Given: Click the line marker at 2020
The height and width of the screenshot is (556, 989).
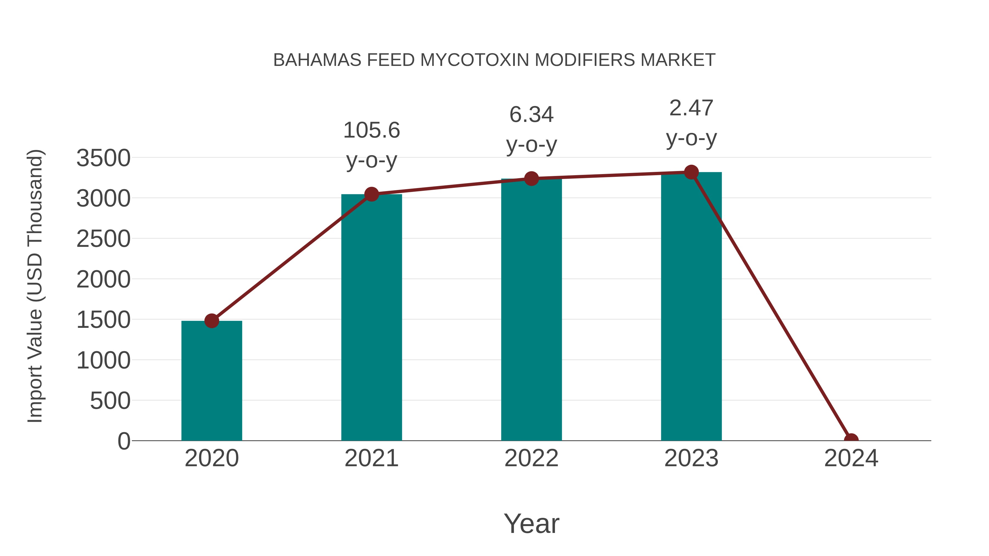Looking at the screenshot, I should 212,321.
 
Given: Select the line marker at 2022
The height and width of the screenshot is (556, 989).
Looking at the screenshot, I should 531,178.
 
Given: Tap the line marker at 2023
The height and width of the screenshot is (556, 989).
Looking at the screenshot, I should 691,172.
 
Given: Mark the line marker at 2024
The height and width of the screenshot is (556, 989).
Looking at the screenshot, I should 851,440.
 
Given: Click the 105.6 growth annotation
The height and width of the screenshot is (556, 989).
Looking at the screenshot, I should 371,130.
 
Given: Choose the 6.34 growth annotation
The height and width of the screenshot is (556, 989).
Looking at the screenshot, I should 531,115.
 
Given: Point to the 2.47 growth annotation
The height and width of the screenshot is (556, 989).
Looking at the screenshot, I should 691,108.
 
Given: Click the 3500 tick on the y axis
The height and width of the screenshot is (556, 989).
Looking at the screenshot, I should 103,158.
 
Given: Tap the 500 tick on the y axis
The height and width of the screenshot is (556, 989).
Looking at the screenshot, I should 110,401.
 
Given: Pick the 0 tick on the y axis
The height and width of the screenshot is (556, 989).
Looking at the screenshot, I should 124,441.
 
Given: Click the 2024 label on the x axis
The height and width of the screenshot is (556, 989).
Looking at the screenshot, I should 851,458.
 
